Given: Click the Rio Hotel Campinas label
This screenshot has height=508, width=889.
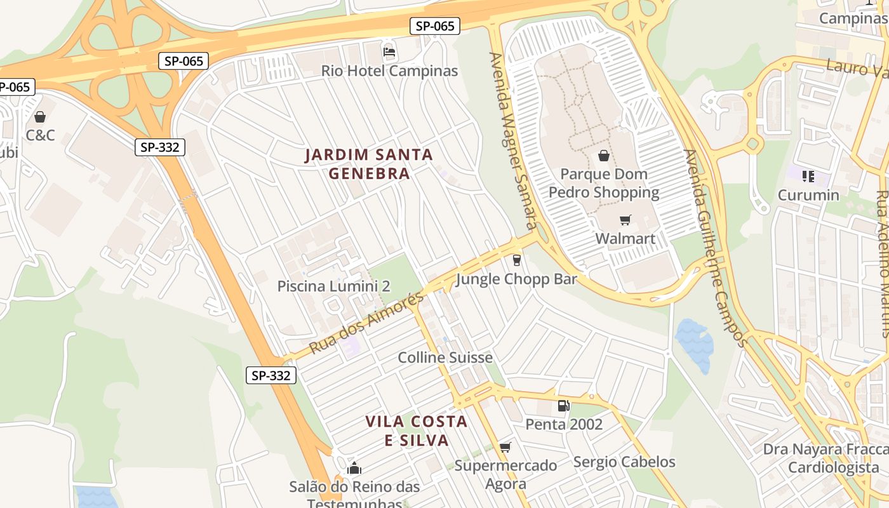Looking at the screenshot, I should (389, 70).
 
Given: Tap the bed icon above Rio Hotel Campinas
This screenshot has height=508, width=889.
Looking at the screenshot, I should (389, 51).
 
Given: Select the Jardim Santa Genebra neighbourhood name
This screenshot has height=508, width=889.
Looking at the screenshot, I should (369, 164).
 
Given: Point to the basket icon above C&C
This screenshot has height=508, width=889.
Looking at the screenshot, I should (40, 117).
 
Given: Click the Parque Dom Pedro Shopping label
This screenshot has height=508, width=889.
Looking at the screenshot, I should (604, 183).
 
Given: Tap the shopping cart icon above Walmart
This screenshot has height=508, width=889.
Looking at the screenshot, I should (625, 220).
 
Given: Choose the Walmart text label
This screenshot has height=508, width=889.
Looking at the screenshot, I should (625, 239).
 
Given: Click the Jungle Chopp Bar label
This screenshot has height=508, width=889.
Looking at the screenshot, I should (516, 279).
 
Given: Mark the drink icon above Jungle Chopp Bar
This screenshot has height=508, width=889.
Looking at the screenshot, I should (516, 260).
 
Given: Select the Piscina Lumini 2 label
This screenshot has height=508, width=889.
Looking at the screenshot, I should (334, 286).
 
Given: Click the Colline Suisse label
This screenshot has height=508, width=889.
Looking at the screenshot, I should (445, 358).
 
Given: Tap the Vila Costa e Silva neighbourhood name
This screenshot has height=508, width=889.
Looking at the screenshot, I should (417, 431).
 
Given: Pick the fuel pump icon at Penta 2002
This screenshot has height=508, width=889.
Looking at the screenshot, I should (563, 406).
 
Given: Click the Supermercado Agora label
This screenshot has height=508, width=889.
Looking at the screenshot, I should (505, 474).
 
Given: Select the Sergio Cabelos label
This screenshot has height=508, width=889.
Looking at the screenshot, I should (624, 462).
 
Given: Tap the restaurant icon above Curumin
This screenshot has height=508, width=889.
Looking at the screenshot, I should (808, 176).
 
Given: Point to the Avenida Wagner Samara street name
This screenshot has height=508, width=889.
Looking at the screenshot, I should (513, 140).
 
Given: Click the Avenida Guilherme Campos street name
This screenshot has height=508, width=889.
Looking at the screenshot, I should (714, 248).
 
